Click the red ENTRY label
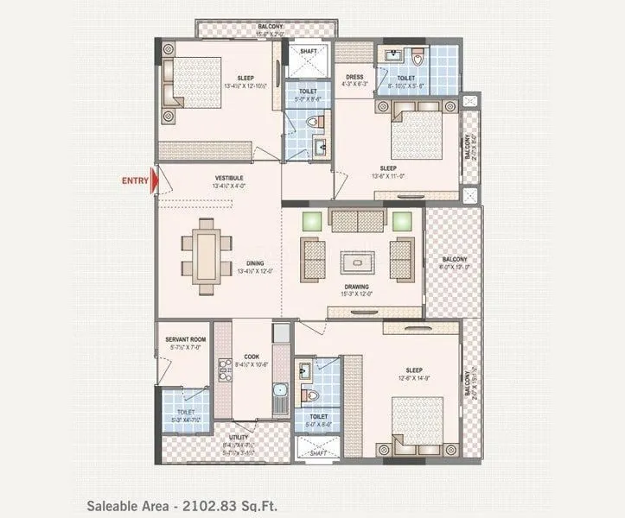click(134, 180)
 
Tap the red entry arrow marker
click(154, 181)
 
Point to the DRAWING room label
click(356, 287)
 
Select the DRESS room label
click(354, 76)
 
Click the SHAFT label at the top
click(309, 51)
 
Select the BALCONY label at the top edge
click(270, 27)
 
